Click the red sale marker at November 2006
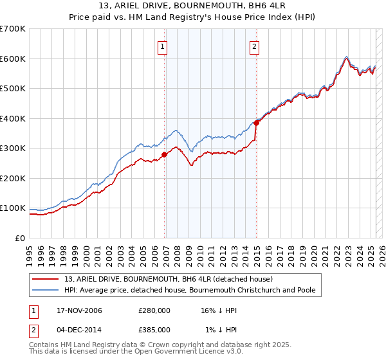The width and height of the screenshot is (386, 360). [x=165, y=154]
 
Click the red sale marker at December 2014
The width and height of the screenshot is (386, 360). [x=257, y=123]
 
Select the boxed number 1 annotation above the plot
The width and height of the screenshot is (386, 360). [x=162, y=46]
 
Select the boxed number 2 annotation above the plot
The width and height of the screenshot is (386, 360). [x=255, y=46]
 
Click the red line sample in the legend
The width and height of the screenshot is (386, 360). [x=47, y=279]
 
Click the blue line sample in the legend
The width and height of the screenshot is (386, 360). [x=47, y=291]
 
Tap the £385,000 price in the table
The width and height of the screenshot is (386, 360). [x=154, y=329]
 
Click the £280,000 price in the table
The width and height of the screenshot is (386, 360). [x=154, y=310]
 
